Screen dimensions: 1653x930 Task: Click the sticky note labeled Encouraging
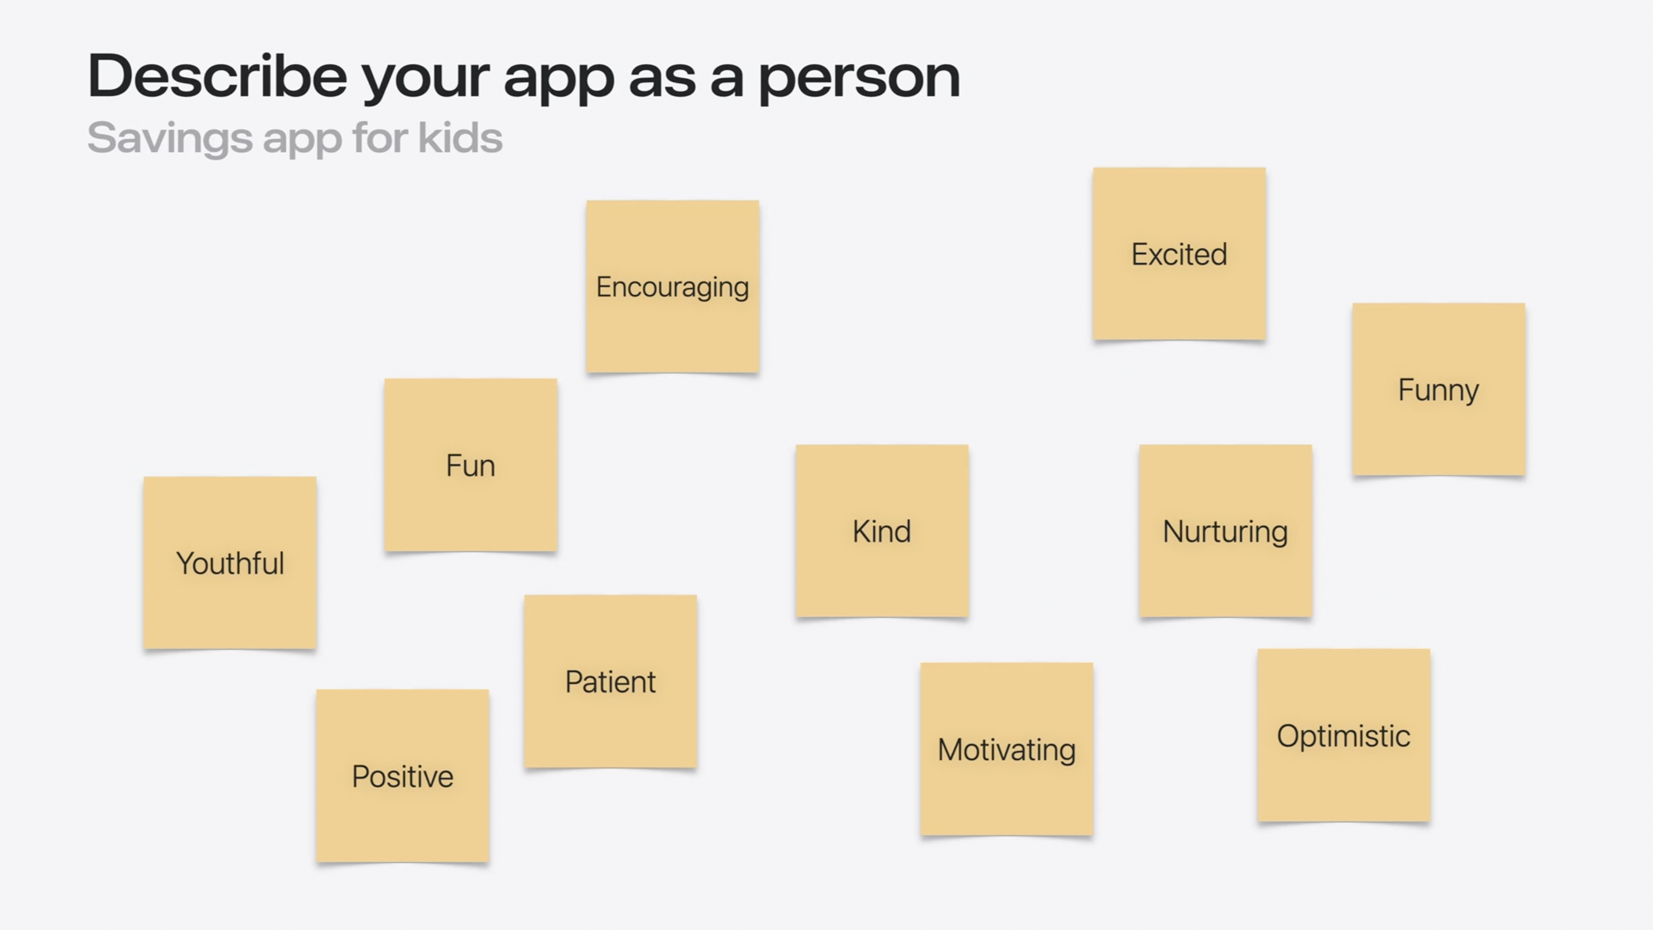pos(673,286)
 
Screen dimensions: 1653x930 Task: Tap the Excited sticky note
pos(1180,254)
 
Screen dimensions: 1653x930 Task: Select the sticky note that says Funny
pos(1439,389)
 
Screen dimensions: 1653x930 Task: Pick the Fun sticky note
pos(471,464)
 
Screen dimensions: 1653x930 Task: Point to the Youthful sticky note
pos(230,562)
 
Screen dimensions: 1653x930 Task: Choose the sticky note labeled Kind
pos(882,531)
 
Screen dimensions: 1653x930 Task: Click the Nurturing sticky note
pos(1226,531)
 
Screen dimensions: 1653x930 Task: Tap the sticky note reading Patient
pos(611,681)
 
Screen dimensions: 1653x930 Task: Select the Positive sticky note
pos(403,776)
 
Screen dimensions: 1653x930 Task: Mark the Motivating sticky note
pos(1006,749)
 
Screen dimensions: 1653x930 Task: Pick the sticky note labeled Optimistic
pos(1344,735)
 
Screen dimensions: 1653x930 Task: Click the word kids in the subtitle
pos(460,137)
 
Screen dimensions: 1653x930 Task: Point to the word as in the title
pos(662,79)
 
